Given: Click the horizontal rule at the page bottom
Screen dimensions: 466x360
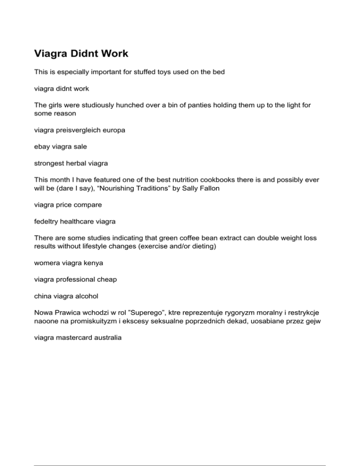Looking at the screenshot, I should (180, 452).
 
